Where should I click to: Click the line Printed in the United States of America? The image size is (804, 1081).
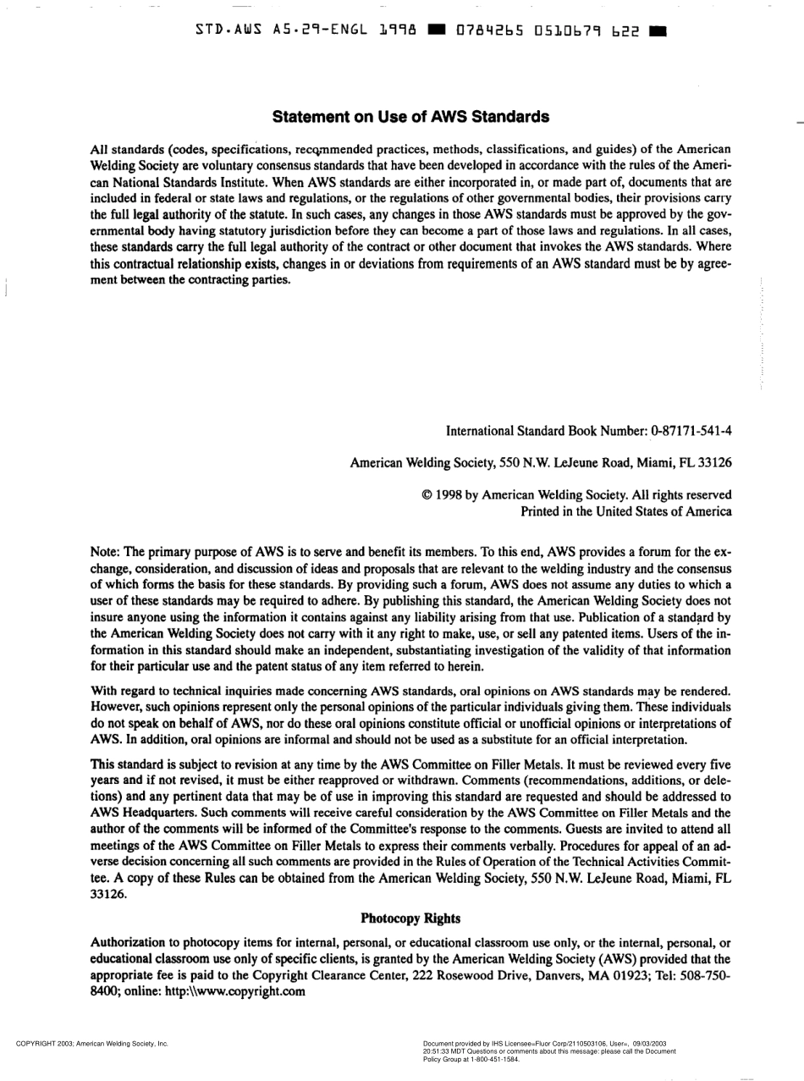pos(625,511)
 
